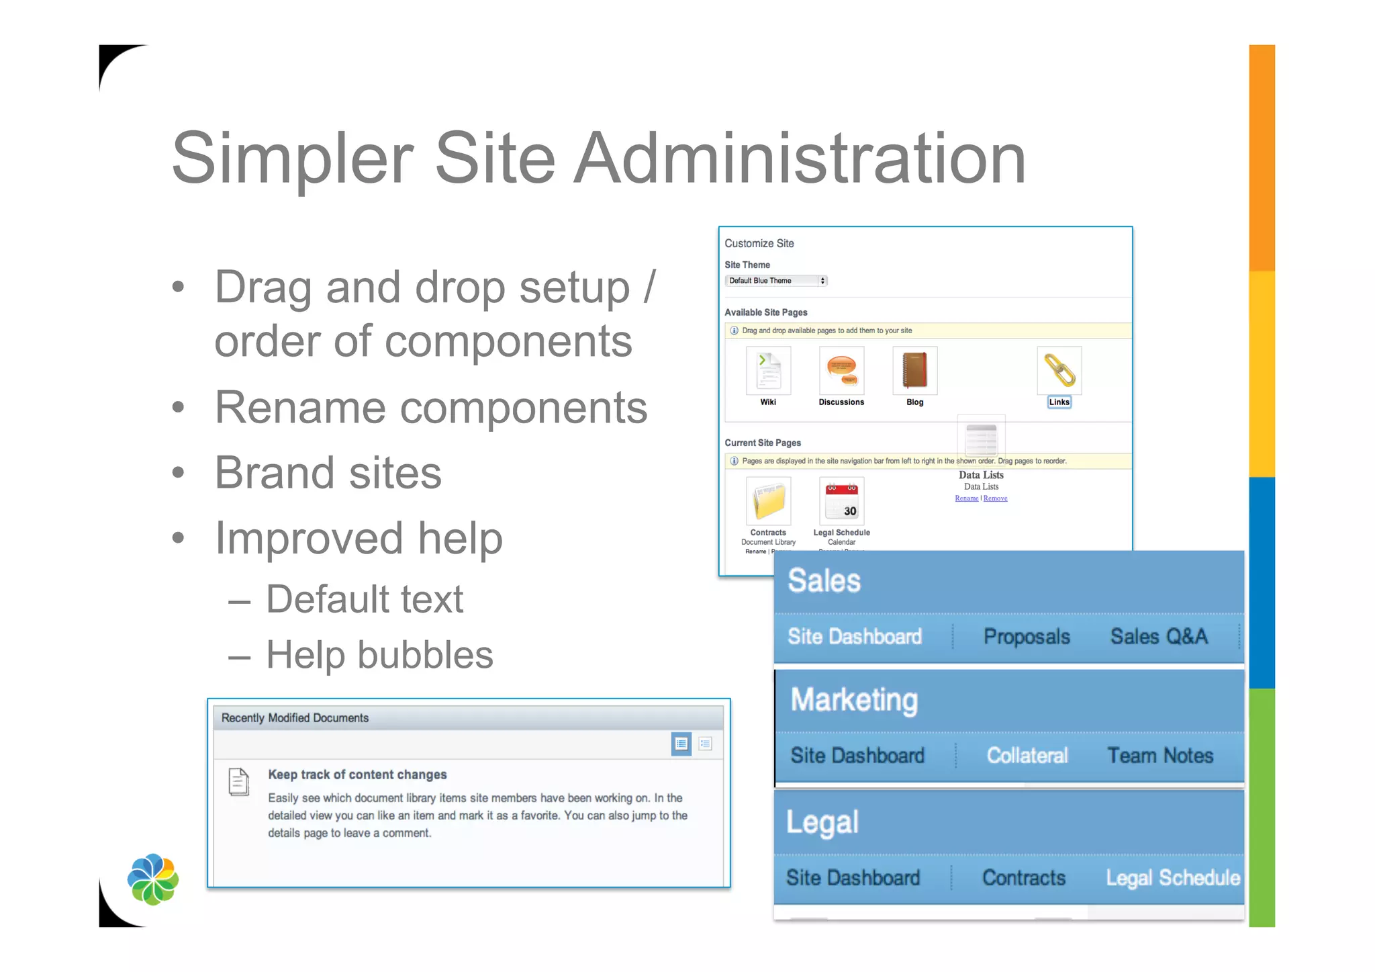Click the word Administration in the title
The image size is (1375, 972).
(x=799, y=159)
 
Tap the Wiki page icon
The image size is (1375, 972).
(x=768, y=371)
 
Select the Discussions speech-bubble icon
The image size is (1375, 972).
(x=841, y=371)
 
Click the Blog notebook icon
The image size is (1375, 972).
(x=914, y=371)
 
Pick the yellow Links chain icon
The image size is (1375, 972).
(x=1059, y=371)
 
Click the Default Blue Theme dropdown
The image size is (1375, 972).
(x=775, y=281)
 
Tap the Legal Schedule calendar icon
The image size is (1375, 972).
(x=841, y=501)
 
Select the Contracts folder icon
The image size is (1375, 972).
(x=768, y=501)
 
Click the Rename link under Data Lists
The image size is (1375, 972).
(x=966, y=498)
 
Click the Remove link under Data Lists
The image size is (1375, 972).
(x=995, y=498)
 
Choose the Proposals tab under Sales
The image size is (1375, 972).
(x=1026, y=637)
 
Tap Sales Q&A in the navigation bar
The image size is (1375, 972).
(x=1158, y=637)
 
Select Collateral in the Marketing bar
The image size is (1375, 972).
(x=1027, y=756)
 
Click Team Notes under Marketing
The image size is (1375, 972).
(x=1159, y=756)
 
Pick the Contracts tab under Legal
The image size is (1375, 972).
(x=1023, y=878)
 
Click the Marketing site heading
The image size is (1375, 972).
(x=853, y=700)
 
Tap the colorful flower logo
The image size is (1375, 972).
(x=153, y=879)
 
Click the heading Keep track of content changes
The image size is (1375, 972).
(x=357, y=775)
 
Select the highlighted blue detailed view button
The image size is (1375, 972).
(x=681, y=744)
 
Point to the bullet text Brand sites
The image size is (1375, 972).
(x=328, y=473)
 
